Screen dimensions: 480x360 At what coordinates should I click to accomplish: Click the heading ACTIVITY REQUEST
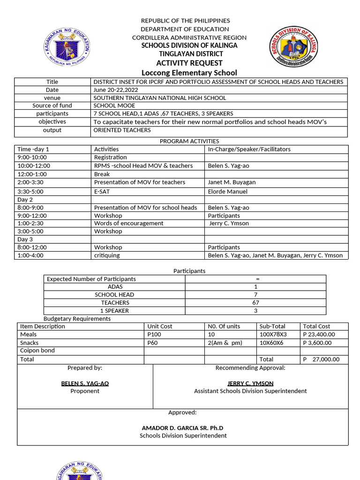click(189, 63)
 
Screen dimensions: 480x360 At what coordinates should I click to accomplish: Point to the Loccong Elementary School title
click(189, 73)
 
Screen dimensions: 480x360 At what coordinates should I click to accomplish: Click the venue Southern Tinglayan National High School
click(160, 98)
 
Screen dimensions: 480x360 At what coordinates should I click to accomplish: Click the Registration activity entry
click(111, 157)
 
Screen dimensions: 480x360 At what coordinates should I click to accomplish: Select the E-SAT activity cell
click(102, 191)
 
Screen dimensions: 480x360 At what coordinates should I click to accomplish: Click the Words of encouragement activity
click(128, 223)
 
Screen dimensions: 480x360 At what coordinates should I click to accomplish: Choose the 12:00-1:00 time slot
click(32, 174)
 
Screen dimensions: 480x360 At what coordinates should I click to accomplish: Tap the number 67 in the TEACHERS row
click(255, 303)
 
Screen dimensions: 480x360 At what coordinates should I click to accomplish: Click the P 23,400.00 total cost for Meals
click(319, 335)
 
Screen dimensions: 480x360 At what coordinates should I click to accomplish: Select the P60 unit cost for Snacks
click(152, 343)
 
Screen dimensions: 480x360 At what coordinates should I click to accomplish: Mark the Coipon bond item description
click(37, 351)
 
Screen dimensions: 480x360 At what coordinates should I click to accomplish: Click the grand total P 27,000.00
click(321, 360)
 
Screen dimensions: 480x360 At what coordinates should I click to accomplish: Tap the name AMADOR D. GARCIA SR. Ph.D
click(183, 428)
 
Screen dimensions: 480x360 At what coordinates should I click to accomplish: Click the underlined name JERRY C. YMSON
click(250, 383)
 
